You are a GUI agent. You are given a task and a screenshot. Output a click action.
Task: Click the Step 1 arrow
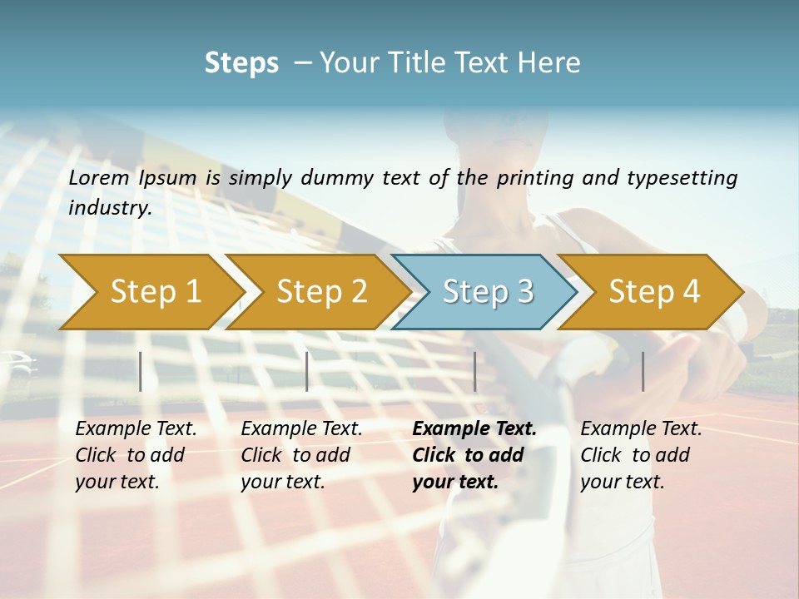[155, 292]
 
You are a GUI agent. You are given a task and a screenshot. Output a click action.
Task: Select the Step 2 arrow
[321, 292]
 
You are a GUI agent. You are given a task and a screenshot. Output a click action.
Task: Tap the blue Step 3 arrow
[488, 292]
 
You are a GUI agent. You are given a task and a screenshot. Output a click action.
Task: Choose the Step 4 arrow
[654, 292]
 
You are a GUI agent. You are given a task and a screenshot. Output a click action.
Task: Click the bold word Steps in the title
[241, 63]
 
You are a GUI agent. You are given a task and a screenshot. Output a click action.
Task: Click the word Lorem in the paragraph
[99, 177]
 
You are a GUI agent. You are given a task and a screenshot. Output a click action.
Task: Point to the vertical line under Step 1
[141, 371]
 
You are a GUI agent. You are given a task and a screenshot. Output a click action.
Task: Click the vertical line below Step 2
[307, 371]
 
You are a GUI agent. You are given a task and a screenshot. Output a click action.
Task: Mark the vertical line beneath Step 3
[474, 371]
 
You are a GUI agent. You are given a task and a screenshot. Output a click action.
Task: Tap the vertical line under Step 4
[643, 371]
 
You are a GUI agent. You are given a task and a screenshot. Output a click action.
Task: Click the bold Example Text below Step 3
[474, 429]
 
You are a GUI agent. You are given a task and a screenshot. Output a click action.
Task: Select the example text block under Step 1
[136, 455]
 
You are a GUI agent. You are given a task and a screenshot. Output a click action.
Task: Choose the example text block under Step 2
[301, 455]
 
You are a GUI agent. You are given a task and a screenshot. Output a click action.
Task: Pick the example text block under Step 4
[641, 455]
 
